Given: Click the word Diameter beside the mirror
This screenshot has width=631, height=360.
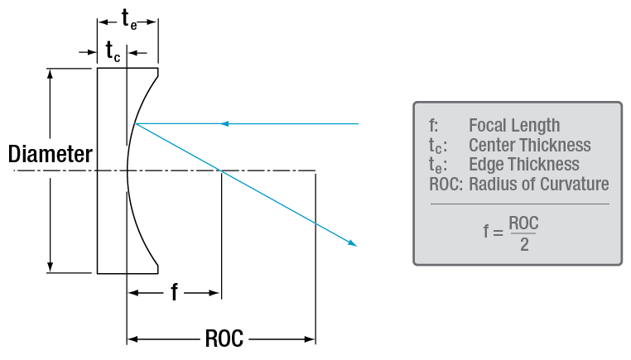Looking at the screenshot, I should pyautogui.click(x=50, y=154).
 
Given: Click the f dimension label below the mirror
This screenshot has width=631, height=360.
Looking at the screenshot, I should pyautogui.click(x=174, y=292).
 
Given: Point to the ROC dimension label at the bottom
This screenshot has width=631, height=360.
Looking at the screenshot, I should pyautogui.click(x=222, y=338).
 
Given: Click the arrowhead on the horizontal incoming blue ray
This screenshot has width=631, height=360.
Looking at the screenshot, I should pyautogui.click(x=224, y=124).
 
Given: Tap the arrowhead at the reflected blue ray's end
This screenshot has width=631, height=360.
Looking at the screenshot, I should pyautogui.click(x=354, y=243).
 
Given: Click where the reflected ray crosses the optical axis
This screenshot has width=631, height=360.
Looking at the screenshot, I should pyautogui.click(x=220, y=171).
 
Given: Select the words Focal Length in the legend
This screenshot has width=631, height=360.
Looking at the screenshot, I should pyautogui.click(x=514, y=126).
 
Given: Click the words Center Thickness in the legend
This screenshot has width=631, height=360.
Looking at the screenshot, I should pyautogui.click(x=529, y=145).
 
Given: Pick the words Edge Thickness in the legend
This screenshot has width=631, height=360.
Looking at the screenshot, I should pyautogui.click(x=523, y=164).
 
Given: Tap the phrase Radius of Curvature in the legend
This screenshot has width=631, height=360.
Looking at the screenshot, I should pyautogui.click(x=538, y=184).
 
